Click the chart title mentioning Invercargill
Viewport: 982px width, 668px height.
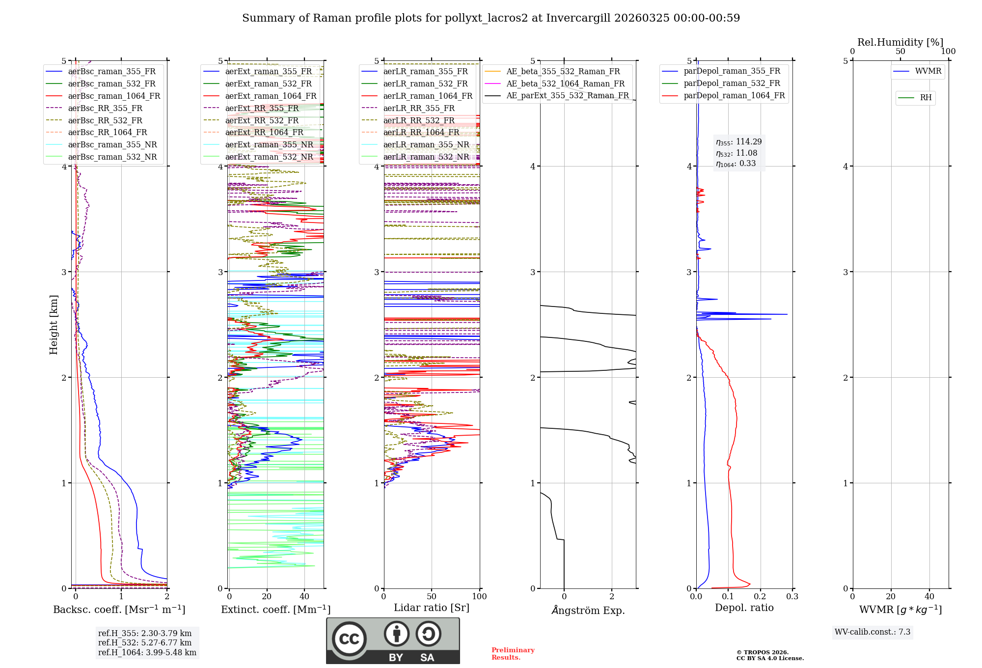tap(491, 18)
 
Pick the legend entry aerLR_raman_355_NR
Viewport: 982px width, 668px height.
tap(426, 144)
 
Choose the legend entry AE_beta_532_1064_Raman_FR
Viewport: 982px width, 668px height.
tap(565, 83)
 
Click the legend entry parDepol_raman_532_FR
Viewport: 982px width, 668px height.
tap(732, 83)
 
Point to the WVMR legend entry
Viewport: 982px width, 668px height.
tap(927, 71)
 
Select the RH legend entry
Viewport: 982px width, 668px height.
tap(926, 98)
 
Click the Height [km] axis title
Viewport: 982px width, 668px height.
tap(54, 325)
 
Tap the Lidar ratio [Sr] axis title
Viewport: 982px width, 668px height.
tap(432, 608)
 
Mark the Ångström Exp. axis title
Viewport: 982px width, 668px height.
tap(588, 610)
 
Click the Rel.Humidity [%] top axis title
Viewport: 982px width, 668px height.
tap(900, 42)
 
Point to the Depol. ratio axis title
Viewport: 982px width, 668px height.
tap(744, 608)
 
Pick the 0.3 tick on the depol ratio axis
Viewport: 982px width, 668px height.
tap(792, 596)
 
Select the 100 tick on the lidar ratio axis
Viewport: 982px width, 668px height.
tap(479, 596)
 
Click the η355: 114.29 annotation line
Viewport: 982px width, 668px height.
tap(738, 142)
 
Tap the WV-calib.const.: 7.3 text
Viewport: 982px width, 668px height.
tap(873, 632)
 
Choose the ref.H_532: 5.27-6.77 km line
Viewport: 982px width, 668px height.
tap(145, 642)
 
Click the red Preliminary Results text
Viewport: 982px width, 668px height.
tap(513, 653)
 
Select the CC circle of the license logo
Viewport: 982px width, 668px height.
tap(349, 639)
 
